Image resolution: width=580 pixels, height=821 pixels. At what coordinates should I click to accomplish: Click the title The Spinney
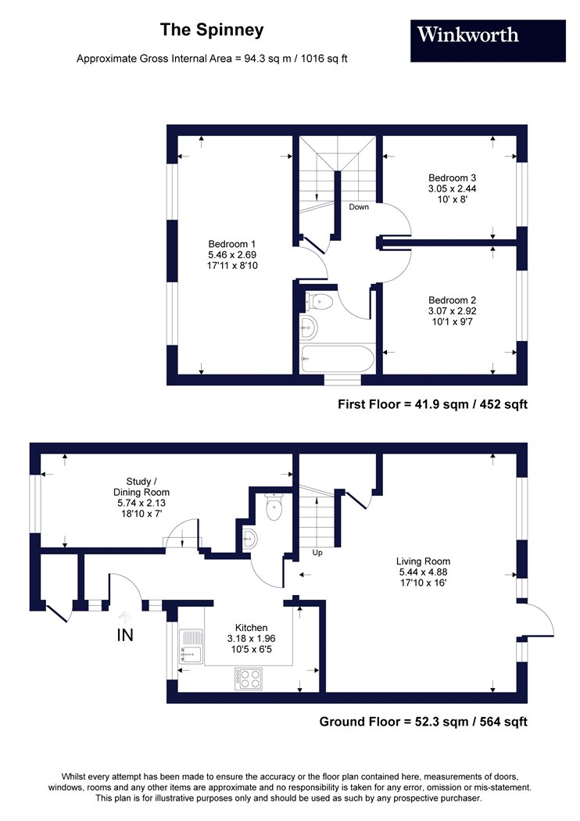(212, 30)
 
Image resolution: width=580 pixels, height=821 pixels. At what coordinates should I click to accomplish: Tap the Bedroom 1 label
(232, 244)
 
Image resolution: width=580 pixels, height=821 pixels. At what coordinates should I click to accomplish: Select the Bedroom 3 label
(453, 178)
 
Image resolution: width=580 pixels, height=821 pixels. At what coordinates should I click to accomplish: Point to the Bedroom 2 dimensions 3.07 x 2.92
(453, 311)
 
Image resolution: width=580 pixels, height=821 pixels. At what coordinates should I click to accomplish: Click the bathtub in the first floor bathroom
(337, 358)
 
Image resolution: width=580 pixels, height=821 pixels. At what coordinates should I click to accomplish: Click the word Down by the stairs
(359, 207)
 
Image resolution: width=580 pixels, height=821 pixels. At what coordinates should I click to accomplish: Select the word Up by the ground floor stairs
(317, 553)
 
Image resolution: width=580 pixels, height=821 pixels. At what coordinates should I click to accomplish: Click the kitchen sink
(191, 646)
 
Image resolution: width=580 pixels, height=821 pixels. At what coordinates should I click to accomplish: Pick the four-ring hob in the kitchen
(248, 679)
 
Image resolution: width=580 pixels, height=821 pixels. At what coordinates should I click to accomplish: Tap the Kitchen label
(251, 628)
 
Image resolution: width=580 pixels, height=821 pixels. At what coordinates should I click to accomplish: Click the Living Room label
(423, 561)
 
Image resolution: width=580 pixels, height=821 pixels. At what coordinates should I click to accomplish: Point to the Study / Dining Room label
(141, 487)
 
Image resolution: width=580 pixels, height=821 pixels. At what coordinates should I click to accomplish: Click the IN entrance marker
(125, 635)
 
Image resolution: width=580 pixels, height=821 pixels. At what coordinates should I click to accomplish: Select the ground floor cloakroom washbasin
(249, 538)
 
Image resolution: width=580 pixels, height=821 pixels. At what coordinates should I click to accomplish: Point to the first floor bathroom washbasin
(309, 328)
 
